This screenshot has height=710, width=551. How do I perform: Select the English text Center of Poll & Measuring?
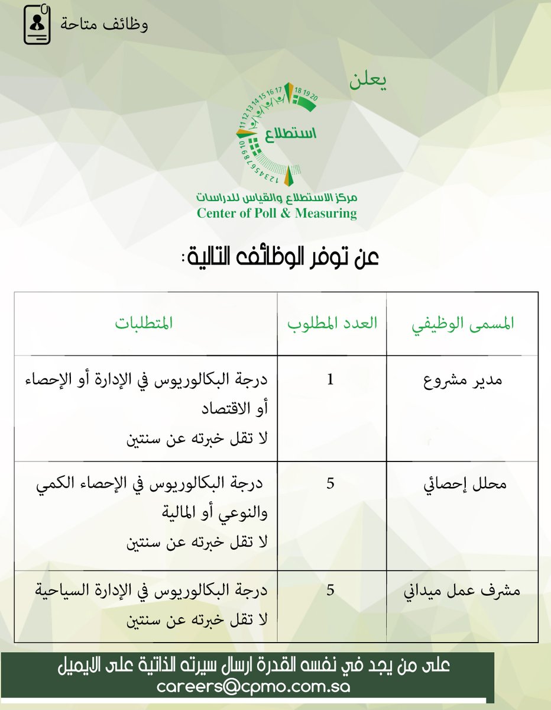point(277,213)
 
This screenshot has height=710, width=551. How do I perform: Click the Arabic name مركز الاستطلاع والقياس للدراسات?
point(277,197)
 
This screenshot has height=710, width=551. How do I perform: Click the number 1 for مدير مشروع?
point(330,380)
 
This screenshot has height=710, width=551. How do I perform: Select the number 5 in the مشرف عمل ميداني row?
point(330,590)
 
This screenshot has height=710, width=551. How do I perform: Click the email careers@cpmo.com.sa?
point(254,687)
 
